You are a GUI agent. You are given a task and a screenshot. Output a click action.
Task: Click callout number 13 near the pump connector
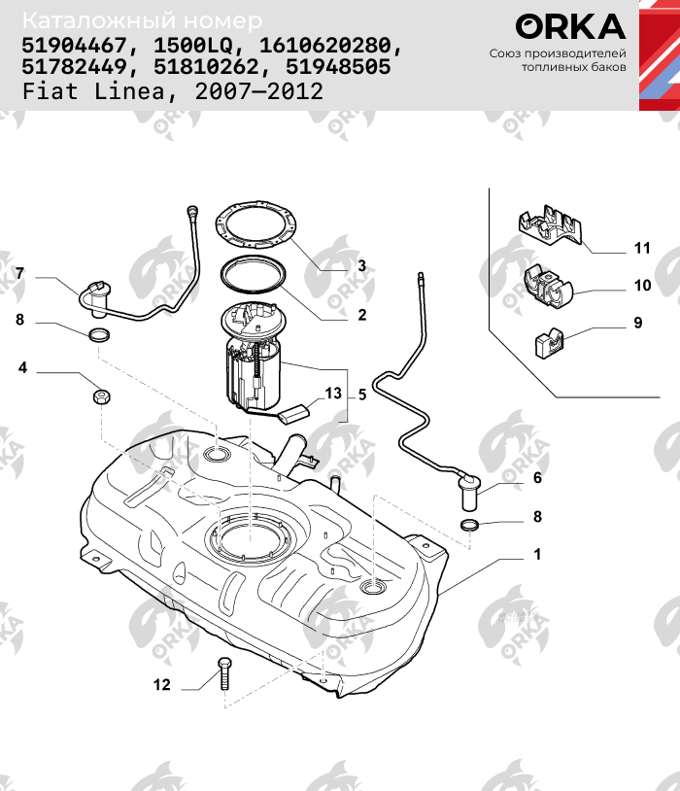(333, 394)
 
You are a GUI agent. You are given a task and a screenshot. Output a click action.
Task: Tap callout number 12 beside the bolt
(161, 685)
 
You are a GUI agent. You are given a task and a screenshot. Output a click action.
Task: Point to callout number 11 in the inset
(641, 248)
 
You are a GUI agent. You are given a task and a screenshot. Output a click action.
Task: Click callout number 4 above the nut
(21, 368)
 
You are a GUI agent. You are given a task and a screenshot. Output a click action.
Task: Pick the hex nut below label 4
(102, 396)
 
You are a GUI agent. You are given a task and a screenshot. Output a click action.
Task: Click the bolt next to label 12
(225, 671)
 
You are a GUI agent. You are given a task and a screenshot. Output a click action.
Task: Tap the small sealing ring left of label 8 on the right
(469, 526)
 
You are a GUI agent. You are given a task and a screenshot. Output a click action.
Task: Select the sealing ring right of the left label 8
(99, 335)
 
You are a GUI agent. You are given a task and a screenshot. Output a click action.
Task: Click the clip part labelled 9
(549, 343)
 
